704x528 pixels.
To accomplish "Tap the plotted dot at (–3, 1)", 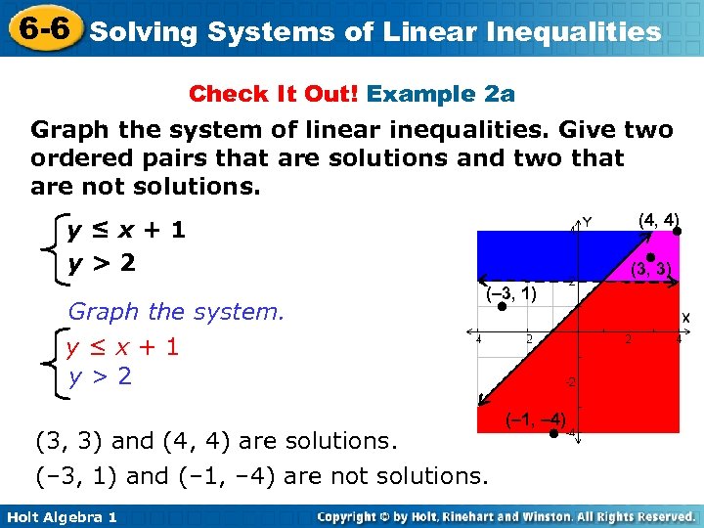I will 501,306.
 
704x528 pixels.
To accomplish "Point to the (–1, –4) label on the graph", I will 535,419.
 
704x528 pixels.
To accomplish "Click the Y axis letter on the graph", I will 587,223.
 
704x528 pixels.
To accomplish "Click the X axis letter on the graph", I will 685,318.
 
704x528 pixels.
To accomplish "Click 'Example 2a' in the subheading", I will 441,94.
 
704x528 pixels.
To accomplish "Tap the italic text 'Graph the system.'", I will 176,312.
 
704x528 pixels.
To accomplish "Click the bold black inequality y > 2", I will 101,263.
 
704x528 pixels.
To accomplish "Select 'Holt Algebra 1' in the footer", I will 61,516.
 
